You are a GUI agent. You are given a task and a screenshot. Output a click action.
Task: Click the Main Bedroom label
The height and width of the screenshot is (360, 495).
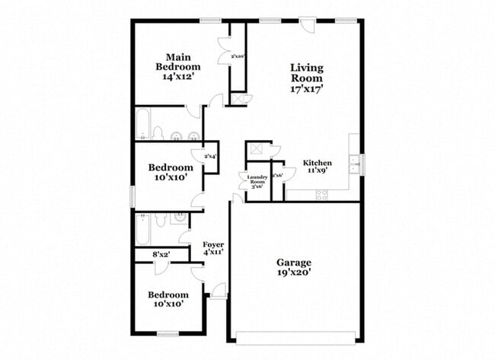[179, 66]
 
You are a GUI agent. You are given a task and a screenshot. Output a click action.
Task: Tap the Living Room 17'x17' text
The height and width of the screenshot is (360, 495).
[306, 78]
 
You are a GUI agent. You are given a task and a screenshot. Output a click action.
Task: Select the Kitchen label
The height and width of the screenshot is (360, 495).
[317, 167]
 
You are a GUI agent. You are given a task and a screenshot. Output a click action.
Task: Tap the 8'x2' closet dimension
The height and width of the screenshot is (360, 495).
[161, 254]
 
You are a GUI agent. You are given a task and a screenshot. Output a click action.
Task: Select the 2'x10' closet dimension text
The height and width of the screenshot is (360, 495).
[238, 56]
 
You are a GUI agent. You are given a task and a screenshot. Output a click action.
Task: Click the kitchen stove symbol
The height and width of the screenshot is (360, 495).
[322, 195]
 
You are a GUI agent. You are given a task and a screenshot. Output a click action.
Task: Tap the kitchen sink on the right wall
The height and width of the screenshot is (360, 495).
[354, 162]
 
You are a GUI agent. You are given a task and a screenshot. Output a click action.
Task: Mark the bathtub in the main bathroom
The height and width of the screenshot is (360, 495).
[143, 123]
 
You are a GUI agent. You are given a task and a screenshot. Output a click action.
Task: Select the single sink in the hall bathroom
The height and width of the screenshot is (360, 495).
[180, 218]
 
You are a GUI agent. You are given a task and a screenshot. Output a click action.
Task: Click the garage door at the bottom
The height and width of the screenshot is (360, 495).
[295, 337]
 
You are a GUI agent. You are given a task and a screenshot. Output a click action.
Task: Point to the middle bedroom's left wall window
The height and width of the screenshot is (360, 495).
[133, 196]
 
